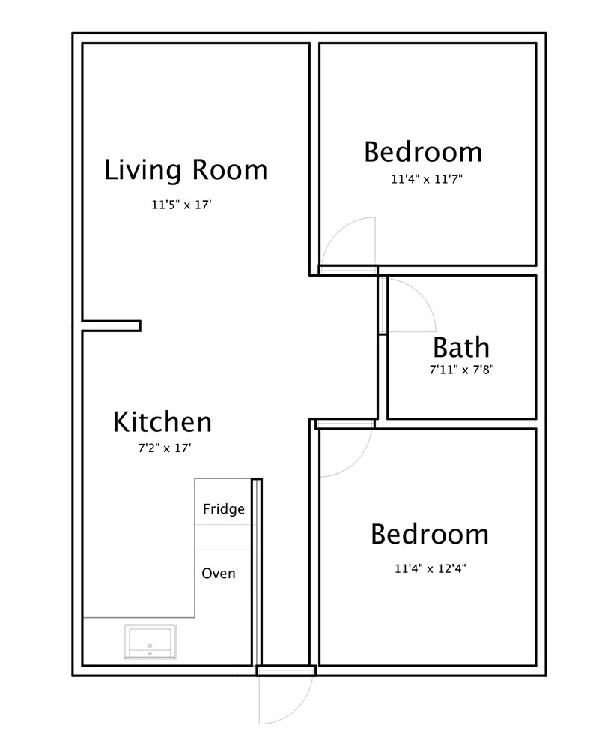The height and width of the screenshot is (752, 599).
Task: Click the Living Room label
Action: click(x=186, y=170)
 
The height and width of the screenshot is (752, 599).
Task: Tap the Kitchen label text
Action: click(x=162, y=422)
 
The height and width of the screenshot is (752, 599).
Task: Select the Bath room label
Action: click(x=461, y=347)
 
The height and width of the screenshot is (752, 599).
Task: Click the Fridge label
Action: click(x=224, y=508)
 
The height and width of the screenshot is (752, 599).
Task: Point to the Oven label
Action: click(x=219, y=573)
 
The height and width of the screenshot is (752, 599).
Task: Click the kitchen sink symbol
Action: click(x=150, y=641)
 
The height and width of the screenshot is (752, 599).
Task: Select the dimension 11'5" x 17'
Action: click(x=181, y=205)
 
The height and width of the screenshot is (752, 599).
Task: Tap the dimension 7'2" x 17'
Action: click(x=165, y=448)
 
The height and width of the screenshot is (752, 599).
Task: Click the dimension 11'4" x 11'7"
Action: click(x=427, y=179)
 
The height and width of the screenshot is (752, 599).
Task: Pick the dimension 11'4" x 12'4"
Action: click(x=430, y=568)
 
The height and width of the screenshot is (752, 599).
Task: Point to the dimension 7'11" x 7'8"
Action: click(x=461, y=370)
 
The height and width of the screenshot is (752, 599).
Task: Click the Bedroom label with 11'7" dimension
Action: click(x=423, y=152)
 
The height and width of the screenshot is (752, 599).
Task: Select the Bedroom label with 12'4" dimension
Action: click(x=430, y=534)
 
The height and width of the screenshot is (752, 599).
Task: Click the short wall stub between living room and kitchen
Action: click(x=112, y=326)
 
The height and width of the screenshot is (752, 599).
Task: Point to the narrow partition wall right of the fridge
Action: click(x=257, y=571)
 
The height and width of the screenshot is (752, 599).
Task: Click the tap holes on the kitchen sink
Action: click(x=150, y=649)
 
